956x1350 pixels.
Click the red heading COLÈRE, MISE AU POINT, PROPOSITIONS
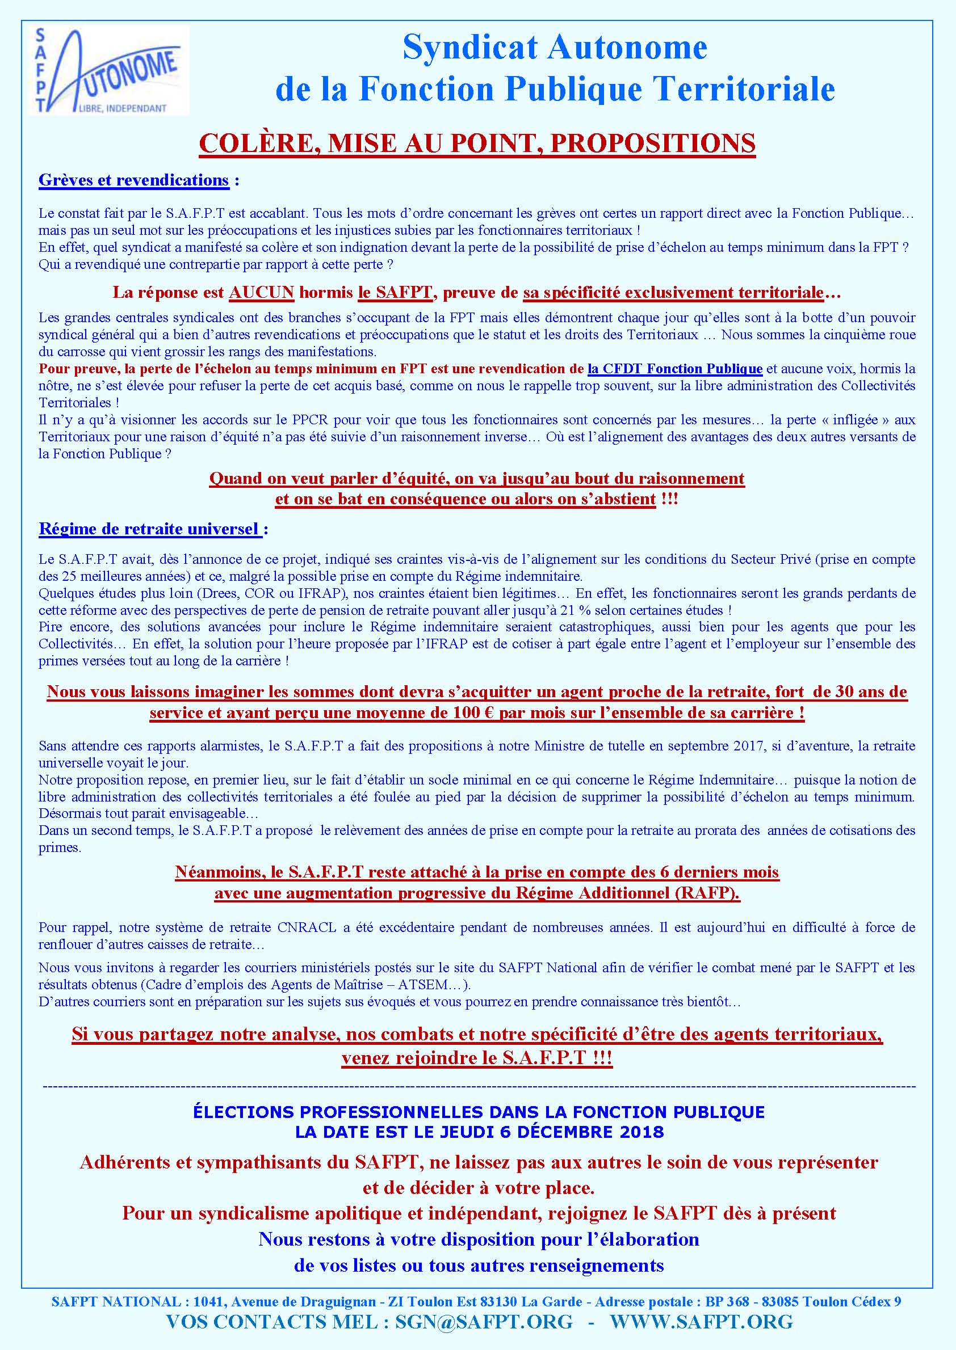point(477,144)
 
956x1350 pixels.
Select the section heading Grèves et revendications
point(133,180)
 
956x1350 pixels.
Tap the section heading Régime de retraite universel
point(149,529)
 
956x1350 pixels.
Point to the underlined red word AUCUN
point(261,292)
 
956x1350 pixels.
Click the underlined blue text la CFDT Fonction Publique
point(674,369)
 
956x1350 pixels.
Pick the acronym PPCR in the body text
point(306,420)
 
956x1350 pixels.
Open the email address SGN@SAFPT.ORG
point(483,1321)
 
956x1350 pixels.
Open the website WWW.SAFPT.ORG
point(701,1321)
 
